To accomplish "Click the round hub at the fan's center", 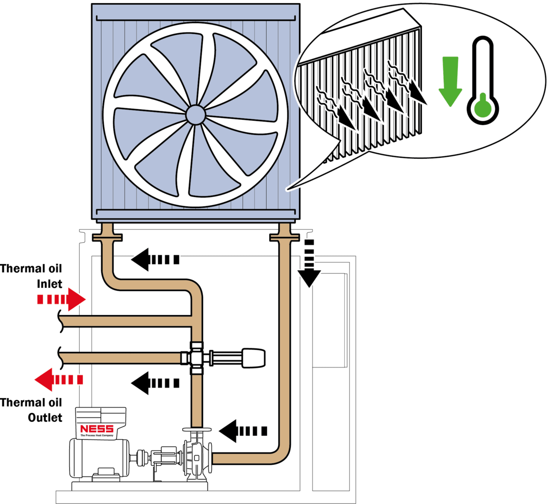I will (x=195, y=115).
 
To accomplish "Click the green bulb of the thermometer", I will (x=483, y=108).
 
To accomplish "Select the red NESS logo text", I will (x=97, y=429).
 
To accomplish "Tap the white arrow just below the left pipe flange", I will (x=155, y=260).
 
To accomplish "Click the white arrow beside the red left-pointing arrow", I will (x=155, y=383).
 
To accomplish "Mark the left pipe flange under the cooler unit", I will (x=107, y=236).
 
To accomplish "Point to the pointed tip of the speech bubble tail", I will (x=287, y=190).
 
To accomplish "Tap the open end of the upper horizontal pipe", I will (x=62, y=321).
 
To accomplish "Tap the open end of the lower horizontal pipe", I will (x=62, y=357).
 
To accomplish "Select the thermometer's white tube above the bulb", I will (x=483, y=66).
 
